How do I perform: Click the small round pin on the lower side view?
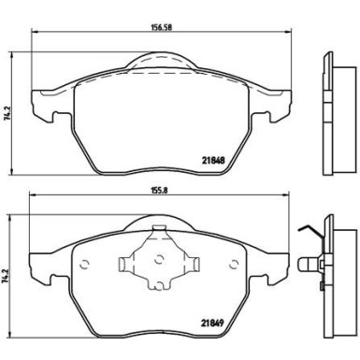pyautogui.click(x=306, y=264)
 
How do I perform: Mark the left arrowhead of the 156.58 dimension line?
pyautogui.click(x=33, y=35)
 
